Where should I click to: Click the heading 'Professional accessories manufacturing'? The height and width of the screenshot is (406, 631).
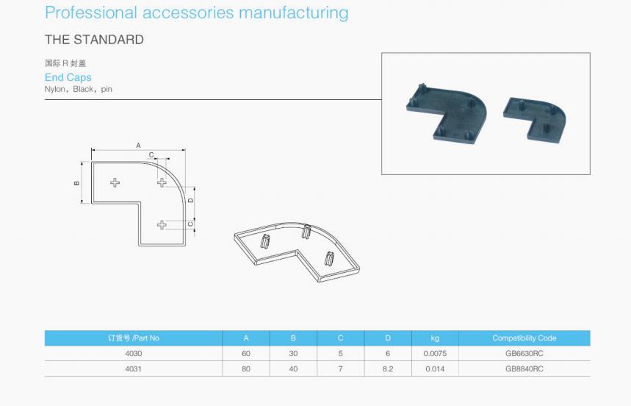click(196, 13)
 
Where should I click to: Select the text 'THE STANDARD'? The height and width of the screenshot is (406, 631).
click(94, 40)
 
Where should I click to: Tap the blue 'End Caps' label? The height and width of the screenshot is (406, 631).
click(68, 77)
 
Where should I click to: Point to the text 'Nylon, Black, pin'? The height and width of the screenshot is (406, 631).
click(79, 89)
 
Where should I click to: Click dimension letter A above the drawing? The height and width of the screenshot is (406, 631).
click(138, 146)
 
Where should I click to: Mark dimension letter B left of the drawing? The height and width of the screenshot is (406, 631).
click(77, 183)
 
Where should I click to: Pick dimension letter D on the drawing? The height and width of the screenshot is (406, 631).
click(191, 200)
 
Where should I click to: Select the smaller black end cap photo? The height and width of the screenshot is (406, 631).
click(535, 120)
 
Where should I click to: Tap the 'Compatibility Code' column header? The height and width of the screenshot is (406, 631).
click(524, 338)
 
